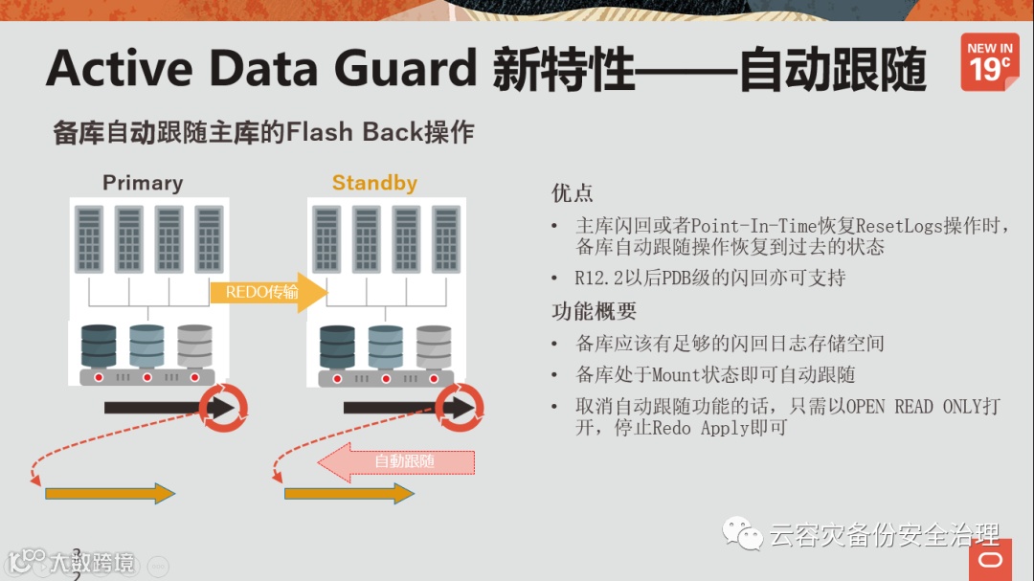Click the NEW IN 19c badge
pos(989,62)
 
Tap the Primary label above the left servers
pos(143,182)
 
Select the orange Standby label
pos(374,182)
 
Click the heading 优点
pos(572,192)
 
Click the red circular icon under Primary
pos(227,409)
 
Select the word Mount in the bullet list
pos(676,374)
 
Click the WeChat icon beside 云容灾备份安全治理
pos(743,533)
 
